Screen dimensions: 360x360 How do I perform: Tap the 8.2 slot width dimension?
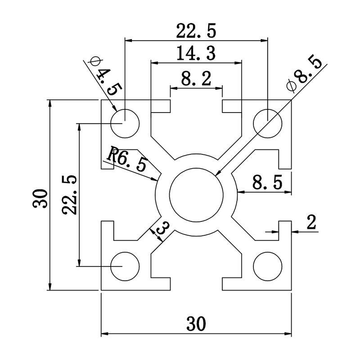196,80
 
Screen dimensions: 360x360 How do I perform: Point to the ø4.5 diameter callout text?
103,74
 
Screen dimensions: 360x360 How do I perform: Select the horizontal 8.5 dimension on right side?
267,183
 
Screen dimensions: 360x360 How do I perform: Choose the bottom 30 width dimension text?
196,323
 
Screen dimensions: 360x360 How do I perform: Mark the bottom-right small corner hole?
268,266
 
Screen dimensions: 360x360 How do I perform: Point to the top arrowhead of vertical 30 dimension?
50,103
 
